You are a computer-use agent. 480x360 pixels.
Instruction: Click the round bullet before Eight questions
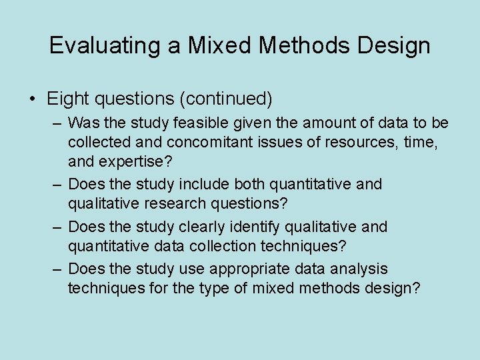point(32,99)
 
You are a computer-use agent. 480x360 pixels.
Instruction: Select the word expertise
point(135,161)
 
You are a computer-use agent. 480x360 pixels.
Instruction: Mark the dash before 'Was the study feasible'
point(58,123)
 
